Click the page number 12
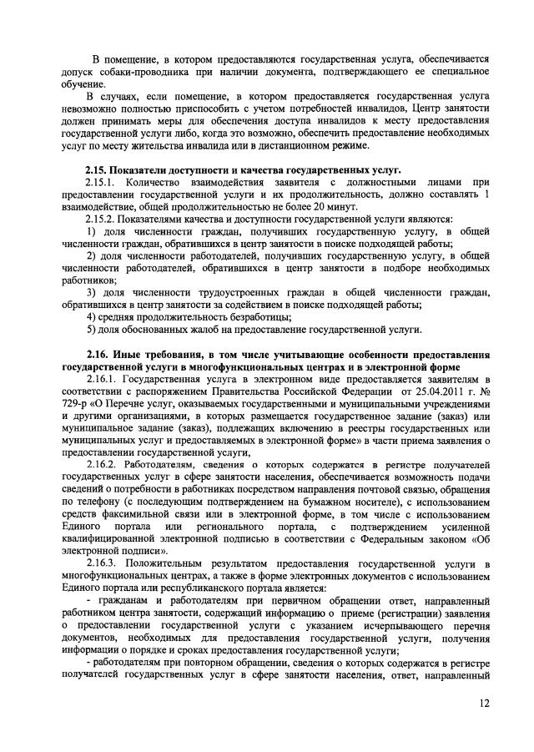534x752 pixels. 484,704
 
